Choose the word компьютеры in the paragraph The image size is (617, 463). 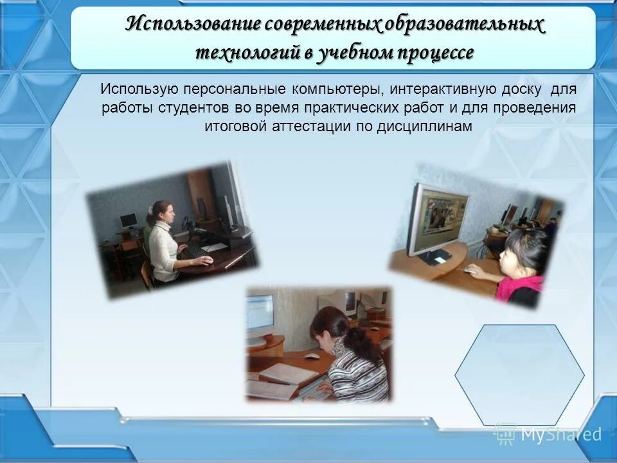coord(335,89)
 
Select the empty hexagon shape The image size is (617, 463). coord(519,375)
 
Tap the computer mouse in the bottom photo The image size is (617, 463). coord(311,356)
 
